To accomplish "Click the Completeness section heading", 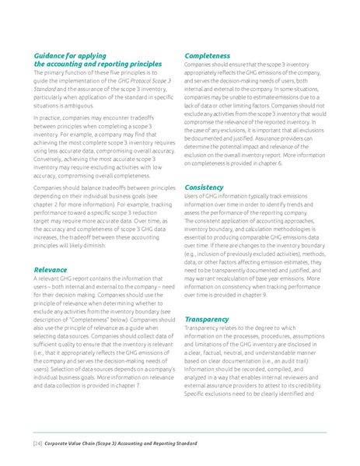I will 207,57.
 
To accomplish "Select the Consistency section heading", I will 204,187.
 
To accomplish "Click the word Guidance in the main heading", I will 51,57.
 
